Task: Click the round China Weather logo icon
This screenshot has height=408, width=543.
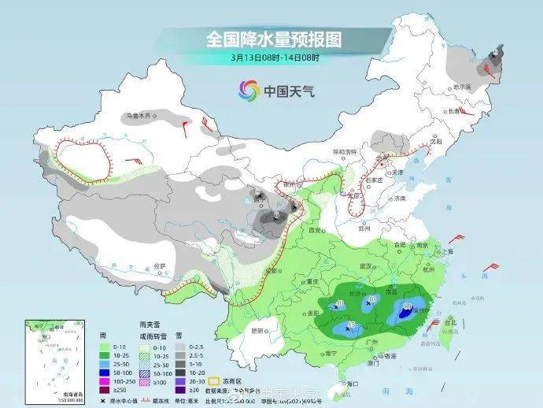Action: click(249, 90)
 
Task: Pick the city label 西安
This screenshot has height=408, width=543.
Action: click(316, 229)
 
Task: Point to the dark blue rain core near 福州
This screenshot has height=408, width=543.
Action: click(406, 313)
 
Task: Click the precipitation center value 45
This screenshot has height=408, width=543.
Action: click(350, 325)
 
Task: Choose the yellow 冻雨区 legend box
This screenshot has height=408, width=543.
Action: click(211, 380)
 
